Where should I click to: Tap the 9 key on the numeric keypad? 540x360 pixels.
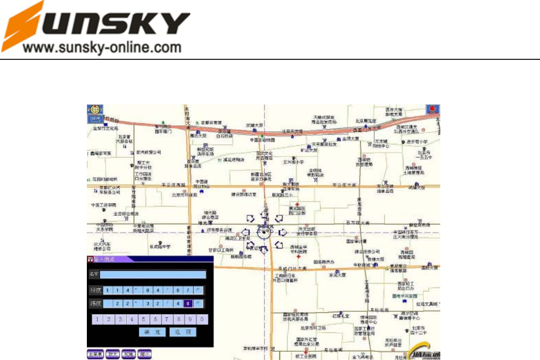[192, 320]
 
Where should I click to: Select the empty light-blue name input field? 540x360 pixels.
[153, 275]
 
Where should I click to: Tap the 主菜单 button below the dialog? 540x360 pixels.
[95, 354]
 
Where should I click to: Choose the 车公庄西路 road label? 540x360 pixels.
[173, 185]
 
